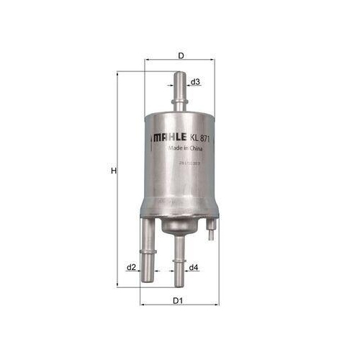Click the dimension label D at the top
click(181, 55)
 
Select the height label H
click(113, 172)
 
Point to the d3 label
click(196, 83)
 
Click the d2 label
click(131, 267)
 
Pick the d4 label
click(194, 268)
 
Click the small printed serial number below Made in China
click(184, 164)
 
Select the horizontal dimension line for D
click(181, 63)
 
